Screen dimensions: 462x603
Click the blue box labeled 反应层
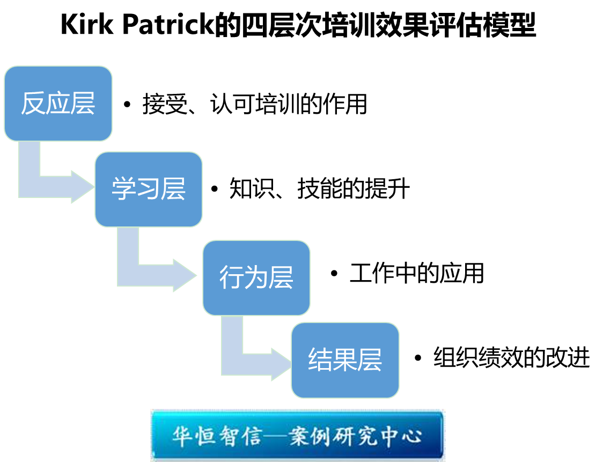click(x=58, y=104)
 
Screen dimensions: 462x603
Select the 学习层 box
click(x=149, y=189)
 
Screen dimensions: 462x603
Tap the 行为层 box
click(x=256, y=277)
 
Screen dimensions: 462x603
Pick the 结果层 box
click(x=345, y=360)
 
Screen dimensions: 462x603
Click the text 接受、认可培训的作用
click(x=254, y=104)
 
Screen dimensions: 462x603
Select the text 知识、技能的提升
click(x=319, y=189)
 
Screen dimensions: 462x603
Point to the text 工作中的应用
click(x=416, y=274)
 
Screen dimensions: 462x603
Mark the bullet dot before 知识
click(x=215, y=189)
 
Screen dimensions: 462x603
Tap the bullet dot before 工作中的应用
click(x=334, y=274)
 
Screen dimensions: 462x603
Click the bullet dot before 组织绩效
click(x=418, y=358)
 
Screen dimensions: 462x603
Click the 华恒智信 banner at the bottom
click(x=298, y=435)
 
